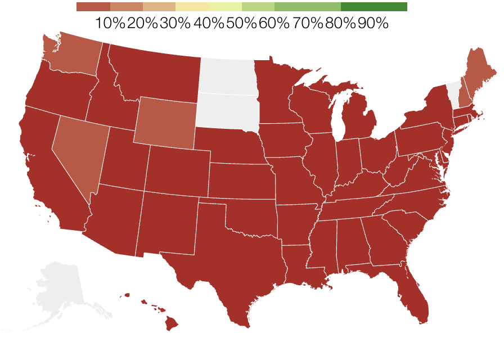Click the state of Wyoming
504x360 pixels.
166,122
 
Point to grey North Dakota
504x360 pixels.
228,76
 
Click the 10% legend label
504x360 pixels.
110,24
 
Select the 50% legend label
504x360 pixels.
242,24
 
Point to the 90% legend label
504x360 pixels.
373,24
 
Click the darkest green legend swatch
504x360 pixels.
373,7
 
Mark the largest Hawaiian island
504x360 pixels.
170,323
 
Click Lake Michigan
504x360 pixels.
339,115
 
